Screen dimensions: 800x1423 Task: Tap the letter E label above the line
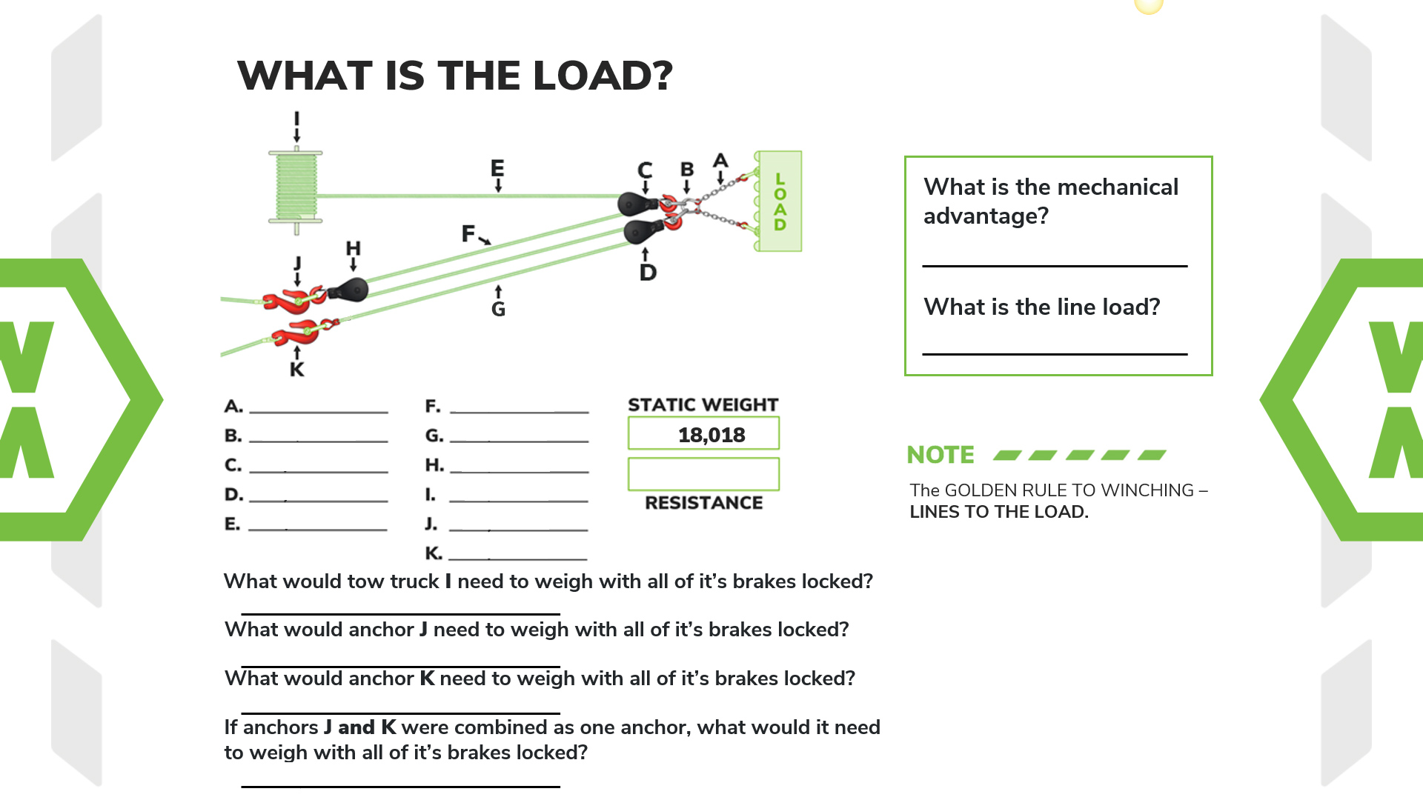497,168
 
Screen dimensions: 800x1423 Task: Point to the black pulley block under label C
634,203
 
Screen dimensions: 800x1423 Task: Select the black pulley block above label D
640,231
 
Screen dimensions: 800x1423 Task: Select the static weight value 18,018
711,435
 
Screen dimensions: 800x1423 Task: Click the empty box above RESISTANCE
703,474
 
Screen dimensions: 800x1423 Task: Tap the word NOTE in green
941,455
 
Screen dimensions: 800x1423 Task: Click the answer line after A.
319,411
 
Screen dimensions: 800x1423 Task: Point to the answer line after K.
518,559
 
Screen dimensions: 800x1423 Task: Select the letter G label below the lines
498,310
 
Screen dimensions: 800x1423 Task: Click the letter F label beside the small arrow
468,234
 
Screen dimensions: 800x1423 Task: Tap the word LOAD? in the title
602,76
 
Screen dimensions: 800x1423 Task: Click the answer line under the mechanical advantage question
1055,264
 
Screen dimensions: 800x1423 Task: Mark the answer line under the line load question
1055,353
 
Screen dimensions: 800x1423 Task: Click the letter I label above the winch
296,119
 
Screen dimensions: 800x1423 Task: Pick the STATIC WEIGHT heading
703,405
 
